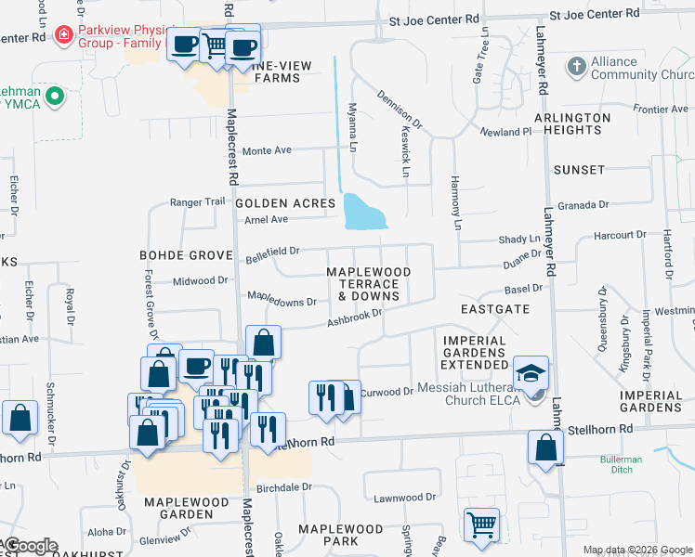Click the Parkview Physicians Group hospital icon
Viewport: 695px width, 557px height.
[63, 36]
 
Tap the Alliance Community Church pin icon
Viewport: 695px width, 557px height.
[575, 68]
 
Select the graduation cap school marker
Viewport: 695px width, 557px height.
[531, 374]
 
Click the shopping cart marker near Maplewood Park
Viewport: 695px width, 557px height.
[481, 525]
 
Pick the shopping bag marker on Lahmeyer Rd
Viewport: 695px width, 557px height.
[545, 447]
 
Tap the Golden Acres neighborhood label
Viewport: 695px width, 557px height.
[284, 203]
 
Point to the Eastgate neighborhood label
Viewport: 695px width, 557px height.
[495, 308]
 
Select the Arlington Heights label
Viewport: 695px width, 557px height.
[572, 123]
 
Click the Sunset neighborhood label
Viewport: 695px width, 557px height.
[579, 171]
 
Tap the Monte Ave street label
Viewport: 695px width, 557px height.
[267, 150]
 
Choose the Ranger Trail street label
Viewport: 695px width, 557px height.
[197, 202]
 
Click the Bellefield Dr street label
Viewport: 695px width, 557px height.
[272, 251]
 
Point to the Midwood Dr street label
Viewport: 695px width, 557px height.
[200, 280]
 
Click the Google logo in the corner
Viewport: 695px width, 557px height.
[31, 546]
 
